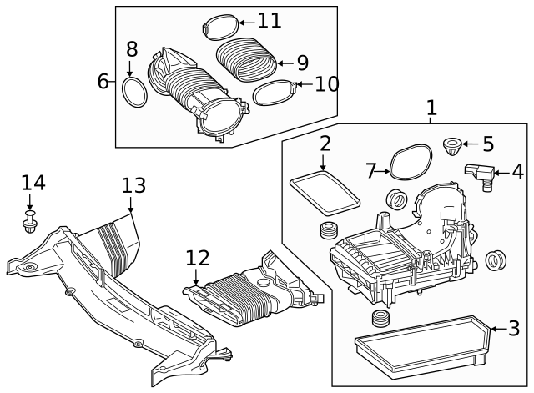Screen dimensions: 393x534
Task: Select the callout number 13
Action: pos(133,185)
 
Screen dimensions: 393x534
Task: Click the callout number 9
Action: pos(303,62)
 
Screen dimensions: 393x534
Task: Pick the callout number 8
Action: pos(132,49)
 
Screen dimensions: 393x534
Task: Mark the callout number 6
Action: pos(103,81)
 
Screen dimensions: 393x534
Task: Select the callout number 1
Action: pos(431,108)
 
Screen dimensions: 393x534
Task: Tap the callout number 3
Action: pos(515,329)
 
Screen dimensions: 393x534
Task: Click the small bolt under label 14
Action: pos(31,223)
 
